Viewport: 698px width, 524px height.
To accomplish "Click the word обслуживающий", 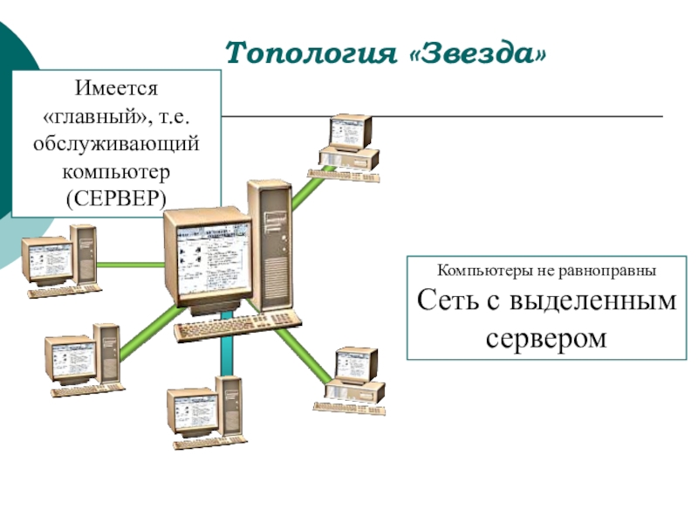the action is point(116,142).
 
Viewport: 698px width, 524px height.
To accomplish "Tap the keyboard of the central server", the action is point(236,327).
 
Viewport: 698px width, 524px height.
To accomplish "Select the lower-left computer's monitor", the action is point(72,359).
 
